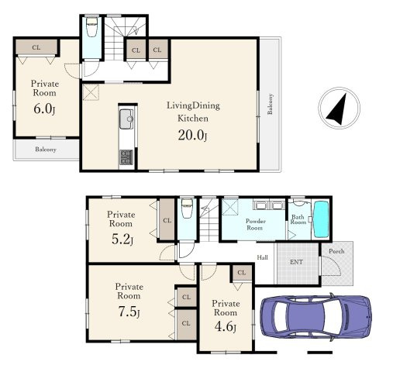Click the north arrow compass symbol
click(x=339, y=108)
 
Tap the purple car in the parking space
click(x=315, y=317)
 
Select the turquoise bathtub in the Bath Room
click(x=321, y=219)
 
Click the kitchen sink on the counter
click(x=126, y=119)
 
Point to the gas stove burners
click(x=126, y=157)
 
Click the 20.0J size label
click(x=192, y=135)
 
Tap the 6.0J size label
click(x=44, y=109)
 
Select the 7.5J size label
click(x=129, y=312)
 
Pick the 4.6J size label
click(x=226, y=327)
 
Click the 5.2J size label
click(x=122, y=239)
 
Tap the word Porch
click(x=336, y=251)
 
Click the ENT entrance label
click(x=296, y=262)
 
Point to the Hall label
click(x=262, y=257)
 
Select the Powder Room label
click(x=255, y=225)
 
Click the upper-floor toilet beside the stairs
click(x=91, y=27)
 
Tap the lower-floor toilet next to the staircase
click(x=187, y=208)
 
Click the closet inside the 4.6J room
click(x=242, y=273)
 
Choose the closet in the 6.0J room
click(x=36, y=47)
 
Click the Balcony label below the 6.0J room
click(x=46, y=150)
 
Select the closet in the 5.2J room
click(x=167, y=220)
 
